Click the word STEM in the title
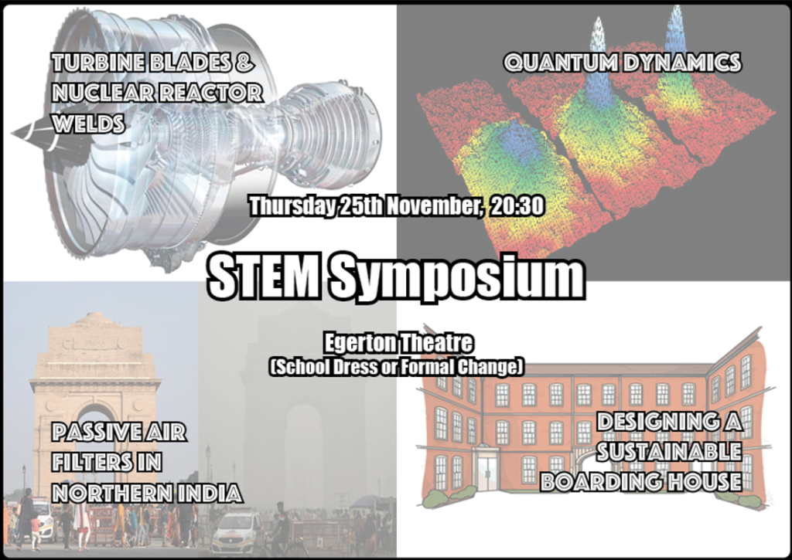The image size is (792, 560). click(263, 276)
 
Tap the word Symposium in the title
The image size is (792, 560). click(458, 277)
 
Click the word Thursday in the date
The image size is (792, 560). click(292, 206)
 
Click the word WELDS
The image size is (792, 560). click(88, 124)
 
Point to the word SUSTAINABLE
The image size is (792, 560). click(669, 452)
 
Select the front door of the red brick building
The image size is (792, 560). click(487, 473)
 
